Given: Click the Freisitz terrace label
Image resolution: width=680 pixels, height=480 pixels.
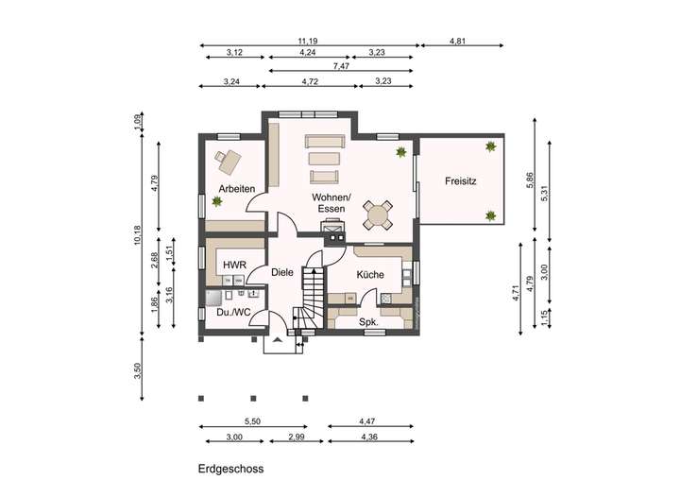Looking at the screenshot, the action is click(x=460, y=181).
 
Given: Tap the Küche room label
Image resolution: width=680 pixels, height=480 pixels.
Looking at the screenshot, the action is click(x=370, y=274).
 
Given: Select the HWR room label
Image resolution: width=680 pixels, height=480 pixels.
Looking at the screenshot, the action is click(x=234, y=265).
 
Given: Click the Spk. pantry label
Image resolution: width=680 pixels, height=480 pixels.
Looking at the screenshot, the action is click(x=368, y=322).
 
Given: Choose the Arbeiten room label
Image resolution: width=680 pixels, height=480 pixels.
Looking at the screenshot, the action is click(x=236, y=189).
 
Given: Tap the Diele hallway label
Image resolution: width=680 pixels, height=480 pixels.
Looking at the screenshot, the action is click(x=281, y=272).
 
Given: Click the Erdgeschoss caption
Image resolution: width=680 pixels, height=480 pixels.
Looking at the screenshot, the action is click(x=230, y=469).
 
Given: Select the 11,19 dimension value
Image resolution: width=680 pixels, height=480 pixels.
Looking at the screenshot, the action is click(x=308, y=42).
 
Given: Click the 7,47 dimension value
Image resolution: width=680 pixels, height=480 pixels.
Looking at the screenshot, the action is click(x=341, y=66).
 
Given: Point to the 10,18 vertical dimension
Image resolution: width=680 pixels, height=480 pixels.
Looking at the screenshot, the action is click(x=138, y=235).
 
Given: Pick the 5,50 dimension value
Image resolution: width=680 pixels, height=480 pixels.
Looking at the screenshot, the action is click(x=252, y=421).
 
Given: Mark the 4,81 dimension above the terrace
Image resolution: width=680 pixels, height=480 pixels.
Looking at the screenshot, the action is click(x=457, y=42).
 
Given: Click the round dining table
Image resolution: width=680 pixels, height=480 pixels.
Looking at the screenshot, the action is click(x=377, y=214).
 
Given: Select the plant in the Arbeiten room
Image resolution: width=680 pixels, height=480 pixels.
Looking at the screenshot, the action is click(x=216, y=201).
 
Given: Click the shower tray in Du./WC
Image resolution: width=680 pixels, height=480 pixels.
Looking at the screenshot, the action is click(x=212, y=299).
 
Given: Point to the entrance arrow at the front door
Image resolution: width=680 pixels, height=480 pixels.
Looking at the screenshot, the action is click(x=278, y=340).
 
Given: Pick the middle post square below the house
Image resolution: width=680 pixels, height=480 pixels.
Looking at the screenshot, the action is click(x=254, y=399).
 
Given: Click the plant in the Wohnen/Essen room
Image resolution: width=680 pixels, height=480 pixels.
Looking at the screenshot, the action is click(x=400, y=152).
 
